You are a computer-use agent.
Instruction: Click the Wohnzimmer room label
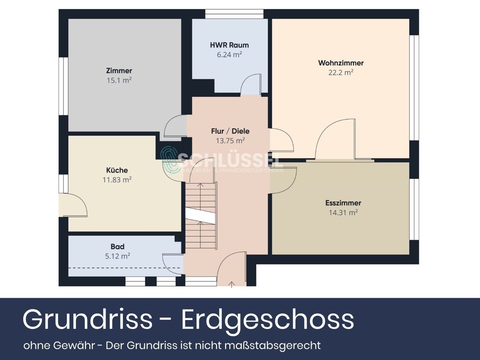click(341, 63)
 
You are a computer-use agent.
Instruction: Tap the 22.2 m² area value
click(341, 72)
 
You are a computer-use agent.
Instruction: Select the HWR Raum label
click(229, 45)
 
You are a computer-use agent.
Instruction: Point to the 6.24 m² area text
click(229, 55)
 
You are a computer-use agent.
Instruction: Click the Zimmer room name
click(119, 71)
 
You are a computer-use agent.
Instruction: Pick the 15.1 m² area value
click(119, 81)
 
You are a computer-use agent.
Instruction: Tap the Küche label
click(117, 170)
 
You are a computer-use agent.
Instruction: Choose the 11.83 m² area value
click(117, 180)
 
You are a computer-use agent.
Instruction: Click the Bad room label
click(118, 247)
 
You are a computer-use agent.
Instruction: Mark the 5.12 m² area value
click(118, 256)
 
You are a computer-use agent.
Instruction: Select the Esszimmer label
click(343, 203)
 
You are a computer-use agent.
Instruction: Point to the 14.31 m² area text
click(343, 212)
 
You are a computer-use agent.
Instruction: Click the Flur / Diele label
click(230, 131)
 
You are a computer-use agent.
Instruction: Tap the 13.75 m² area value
click(230, 141)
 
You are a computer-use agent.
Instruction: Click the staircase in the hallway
click(201, 216)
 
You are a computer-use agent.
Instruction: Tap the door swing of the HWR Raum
click(252, 84)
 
